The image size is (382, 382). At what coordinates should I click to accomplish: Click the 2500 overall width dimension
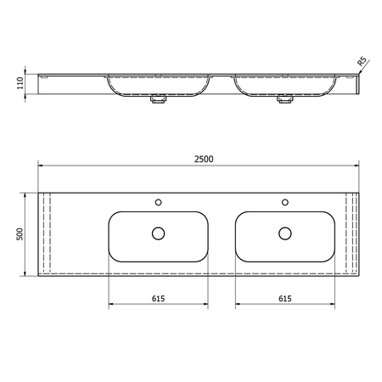click(x=204, y=159)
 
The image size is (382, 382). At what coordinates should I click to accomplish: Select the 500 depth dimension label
click(x=20, y=234)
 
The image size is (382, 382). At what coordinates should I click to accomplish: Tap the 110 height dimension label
click(x=20, y=83)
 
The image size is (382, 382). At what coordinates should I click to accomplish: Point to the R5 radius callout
click(x=362, y=61)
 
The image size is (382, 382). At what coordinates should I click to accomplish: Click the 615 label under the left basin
click(x=158, y=299)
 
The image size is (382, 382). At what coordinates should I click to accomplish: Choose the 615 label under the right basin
click(x=285, y=299)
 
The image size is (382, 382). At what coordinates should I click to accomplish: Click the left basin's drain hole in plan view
click(x=158, y=233)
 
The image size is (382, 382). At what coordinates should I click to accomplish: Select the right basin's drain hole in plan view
click(x=285, y=233)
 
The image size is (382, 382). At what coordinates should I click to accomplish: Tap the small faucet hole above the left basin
click(x=158, y=202)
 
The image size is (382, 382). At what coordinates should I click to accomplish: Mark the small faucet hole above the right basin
click(x=285, y=202)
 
